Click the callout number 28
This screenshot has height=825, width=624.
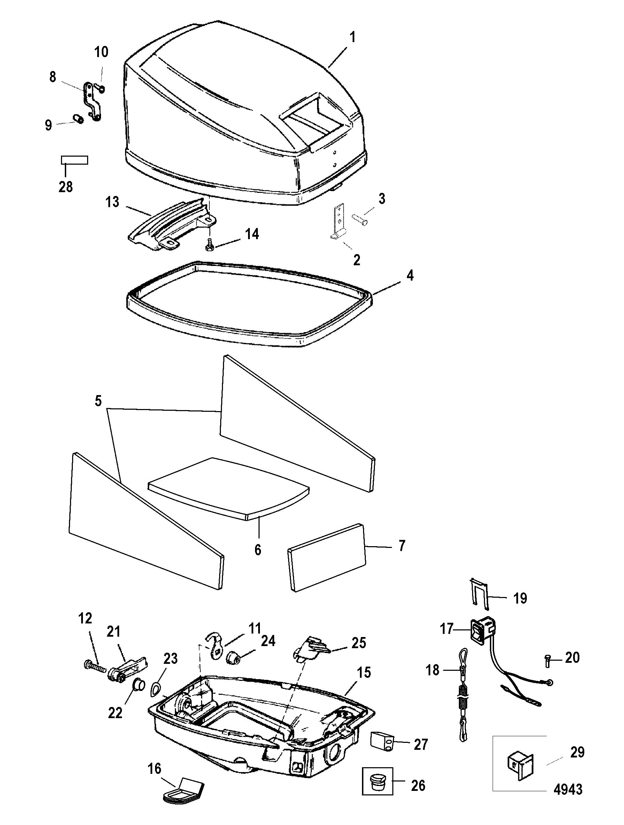[x=66, y=187]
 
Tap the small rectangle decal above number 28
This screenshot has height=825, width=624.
[x=74, y=160]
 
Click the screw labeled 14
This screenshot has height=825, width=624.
[x=209, y=245]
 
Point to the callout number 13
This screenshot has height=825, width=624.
[x=112, y=202]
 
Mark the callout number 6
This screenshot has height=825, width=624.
[x=258, y=550]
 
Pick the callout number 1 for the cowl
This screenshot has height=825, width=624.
[x=352, y=37]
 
